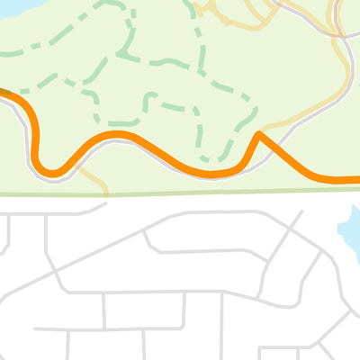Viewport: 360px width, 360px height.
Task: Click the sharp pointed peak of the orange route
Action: [259, 135]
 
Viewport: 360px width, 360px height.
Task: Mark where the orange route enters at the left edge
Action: [3, 91]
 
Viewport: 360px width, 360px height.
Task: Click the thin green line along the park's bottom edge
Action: [180, 193]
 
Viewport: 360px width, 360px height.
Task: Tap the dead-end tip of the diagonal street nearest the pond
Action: [302, 213]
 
